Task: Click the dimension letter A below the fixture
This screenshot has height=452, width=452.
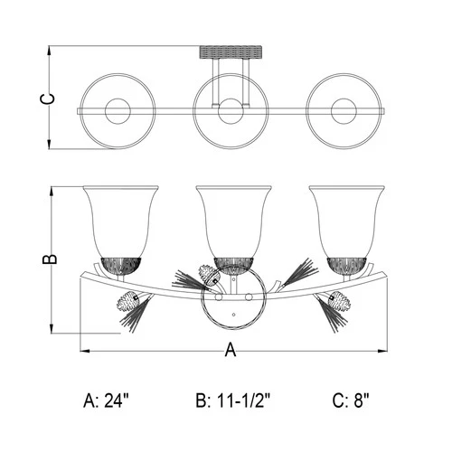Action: [230, 352]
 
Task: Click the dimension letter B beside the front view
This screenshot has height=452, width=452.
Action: [51, 259]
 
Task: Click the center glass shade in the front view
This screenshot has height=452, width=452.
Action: [232, 219]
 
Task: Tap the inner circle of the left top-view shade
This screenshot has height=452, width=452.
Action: [118, 111]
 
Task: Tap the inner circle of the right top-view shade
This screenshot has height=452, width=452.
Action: [344, 111]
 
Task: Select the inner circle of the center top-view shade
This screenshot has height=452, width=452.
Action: [231, 111]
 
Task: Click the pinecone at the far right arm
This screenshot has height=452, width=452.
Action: [337, 299]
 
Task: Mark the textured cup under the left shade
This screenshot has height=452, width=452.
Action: [120, 264]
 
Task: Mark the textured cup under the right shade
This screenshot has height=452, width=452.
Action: [346, 264]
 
